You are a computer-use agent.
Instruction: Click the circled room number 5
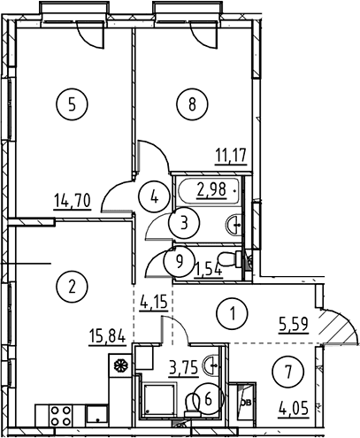click(72, 104)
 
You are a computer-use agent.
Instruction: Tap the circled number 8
click(192, 104)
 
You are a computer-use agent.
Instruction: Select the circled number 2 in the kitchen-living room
click(72, 287)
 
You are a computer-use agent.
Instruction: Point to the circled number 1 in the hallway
click(232, 313)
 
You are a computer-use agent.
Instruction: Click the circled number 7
click(288, 372)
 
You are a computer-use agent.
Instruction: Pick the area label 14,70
click(73, 202)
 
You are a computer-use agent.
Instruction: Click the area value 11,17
click(231, 156)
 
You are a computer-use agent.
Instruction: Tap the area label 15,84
click(107, 337)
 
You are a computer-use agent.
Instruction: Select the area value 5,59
click(294, 325)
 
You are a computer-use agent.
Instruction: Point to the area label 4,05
click(294, 410)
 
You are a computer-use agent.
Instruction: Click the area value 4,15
click(154, 302)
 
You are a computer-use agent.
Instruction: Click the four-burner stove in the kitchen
click(61, 416)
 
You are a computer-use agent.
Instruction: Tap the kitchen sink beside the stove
click(97, 415)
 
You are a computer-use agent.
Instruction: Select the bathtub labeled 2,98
click(209, 190)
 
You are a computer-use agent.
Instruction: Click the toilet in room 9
click(231, 259)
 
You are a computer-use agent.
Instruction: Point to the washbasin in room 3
click(234, 225)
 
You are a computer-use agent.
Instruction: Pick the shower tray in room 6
click(159, 398)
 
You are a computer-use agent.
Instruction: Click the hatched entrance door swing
click(339, 327)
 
